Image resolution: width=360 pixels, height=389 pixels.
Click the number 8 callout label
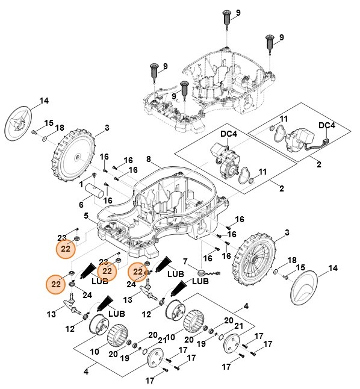click(149, 159)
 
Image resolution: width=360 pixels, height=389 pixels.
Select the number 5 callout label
click(87, 216)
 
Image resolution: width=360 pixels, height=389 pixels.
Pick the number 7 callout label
click(186, 262)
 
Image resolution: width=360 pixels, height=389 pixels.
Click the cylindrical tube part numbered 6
click(99, 194)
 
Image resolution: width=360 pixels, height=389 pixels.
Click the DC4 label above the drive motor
click(229, 134)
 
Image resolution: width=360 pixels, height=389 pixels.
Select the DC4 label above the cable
click(326, 125)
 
